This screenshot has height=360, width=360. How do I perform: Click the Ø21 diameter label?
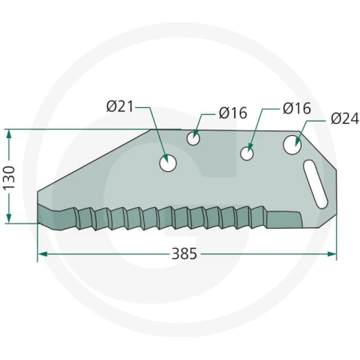pyautogui.click(x=119, y=106)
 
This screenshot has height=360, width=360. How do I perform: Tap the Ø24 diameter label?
pyautogui.click(x=344, y=118)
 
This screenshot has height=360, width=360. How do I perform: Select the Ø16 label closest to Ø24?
pyautogui.click(x=297, y=109)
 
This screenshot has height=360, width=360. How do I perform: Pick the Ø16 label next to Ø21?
pyautogui.click(x=232, y=112)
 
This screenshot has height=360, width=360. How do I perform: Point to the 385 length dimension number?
pyautogui.click(x=184, y=254)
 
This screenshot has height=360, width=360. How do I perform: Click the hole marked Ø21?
pyautogui.click(x=168, y=163)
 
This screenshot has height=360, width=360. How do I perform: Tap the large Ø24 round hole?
pyautogui.click(x=292, y=145)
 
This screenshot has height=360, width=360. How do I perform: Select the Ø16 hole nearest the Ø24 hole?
pyautogui.click(x=247, y=153)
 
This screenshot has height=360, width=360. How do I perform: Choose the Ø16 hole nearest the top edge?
pyautogui.click(x=193, y=139)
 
